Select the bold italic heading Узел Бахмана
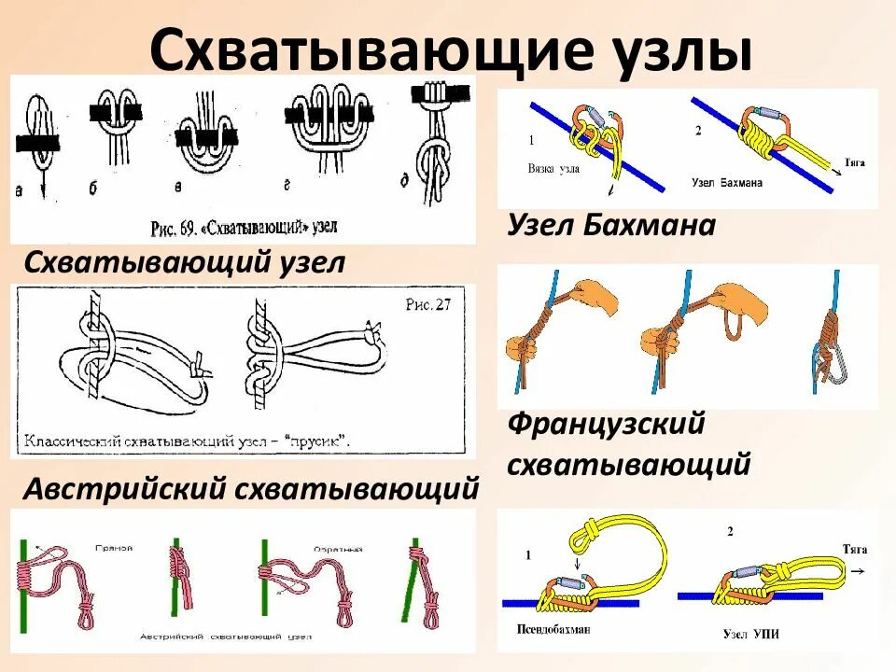611,225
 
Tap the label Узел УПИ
750,635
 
